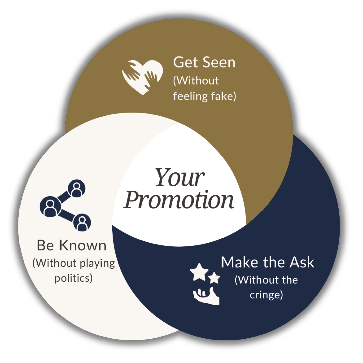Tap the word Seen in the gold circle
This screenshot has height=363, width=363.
pyautogui.click(x=219, y=63)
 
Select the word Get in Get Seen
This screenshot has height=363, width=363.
pyautogui.click(x=186, y=63)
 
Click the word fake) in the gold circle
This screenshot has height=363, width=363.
pyautogui.click(x=224, y=96)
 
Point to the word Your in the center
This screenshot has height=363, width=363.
pyautogui.click(x=180, y=177)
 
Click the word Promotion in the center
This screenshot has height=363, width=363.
pyautogui.click(x=178, y=200)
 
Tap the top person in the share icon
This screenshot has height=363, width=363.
pyautogui.click(x=77, y=189)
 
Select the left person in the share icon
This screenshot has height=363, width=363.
pyautogui.click(x=50, y=206)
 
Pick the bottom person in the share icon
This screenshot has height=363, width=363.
pyautogui.click(x=82, y=223)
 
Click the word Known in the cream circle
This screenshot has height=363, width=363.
pyautogui.click(x=83, y=245)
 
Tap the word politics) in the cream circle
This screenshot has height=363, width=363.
pyautogui.click(x=74, y=278)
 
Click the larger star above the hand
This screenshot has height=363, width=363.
pyautogui.click(x=199, y=272)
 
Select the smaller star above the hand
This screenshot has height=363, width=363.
pyautogui.click(x=214, y=278)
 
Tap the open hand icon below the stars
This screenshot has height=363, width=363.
pyautogui.click(x=206, y=296)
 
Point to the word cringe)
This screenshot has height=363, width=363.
pyautogui.click(x=266, y=295)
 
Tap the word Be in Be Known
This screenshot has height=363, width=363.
pyautogui.click(x=45, y=245)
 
